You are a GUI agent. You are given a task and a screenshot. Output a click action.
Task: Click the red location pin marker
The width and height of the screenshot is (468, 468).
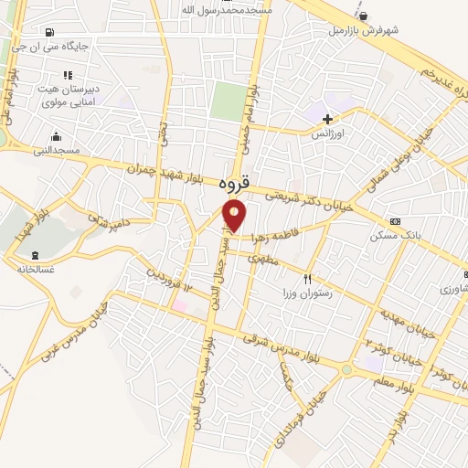235,216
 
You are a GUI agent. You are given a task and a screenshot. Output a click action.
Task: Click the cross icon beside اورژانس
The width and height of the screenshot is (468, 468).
327,119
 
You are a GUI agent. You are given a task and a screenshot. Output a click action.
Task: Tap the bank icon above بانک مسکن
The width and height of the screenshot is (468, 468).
394,221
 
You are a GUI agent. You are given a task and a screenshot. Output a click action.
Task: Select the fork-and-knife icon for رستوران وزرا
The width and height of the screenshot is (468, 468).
308,279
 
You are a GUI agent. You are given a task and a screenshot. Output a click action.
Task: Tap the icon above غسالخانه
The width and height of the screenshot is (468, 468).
36,255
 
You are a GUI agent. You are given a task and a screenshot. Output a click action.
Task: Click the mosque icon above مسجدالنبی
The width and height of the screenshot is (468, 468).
57,136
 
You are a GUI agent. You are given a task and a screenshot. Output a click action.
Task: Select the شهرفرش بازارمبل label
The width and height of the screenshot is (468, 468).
365,29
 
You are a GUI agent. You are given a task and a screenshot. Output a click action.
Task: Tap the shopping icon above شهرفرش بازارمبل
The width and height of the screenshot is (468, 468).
364,16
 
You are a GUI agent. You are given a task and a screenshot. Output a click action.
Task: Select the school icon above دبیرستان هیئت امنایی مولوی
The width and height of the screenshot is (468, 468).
66,75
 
